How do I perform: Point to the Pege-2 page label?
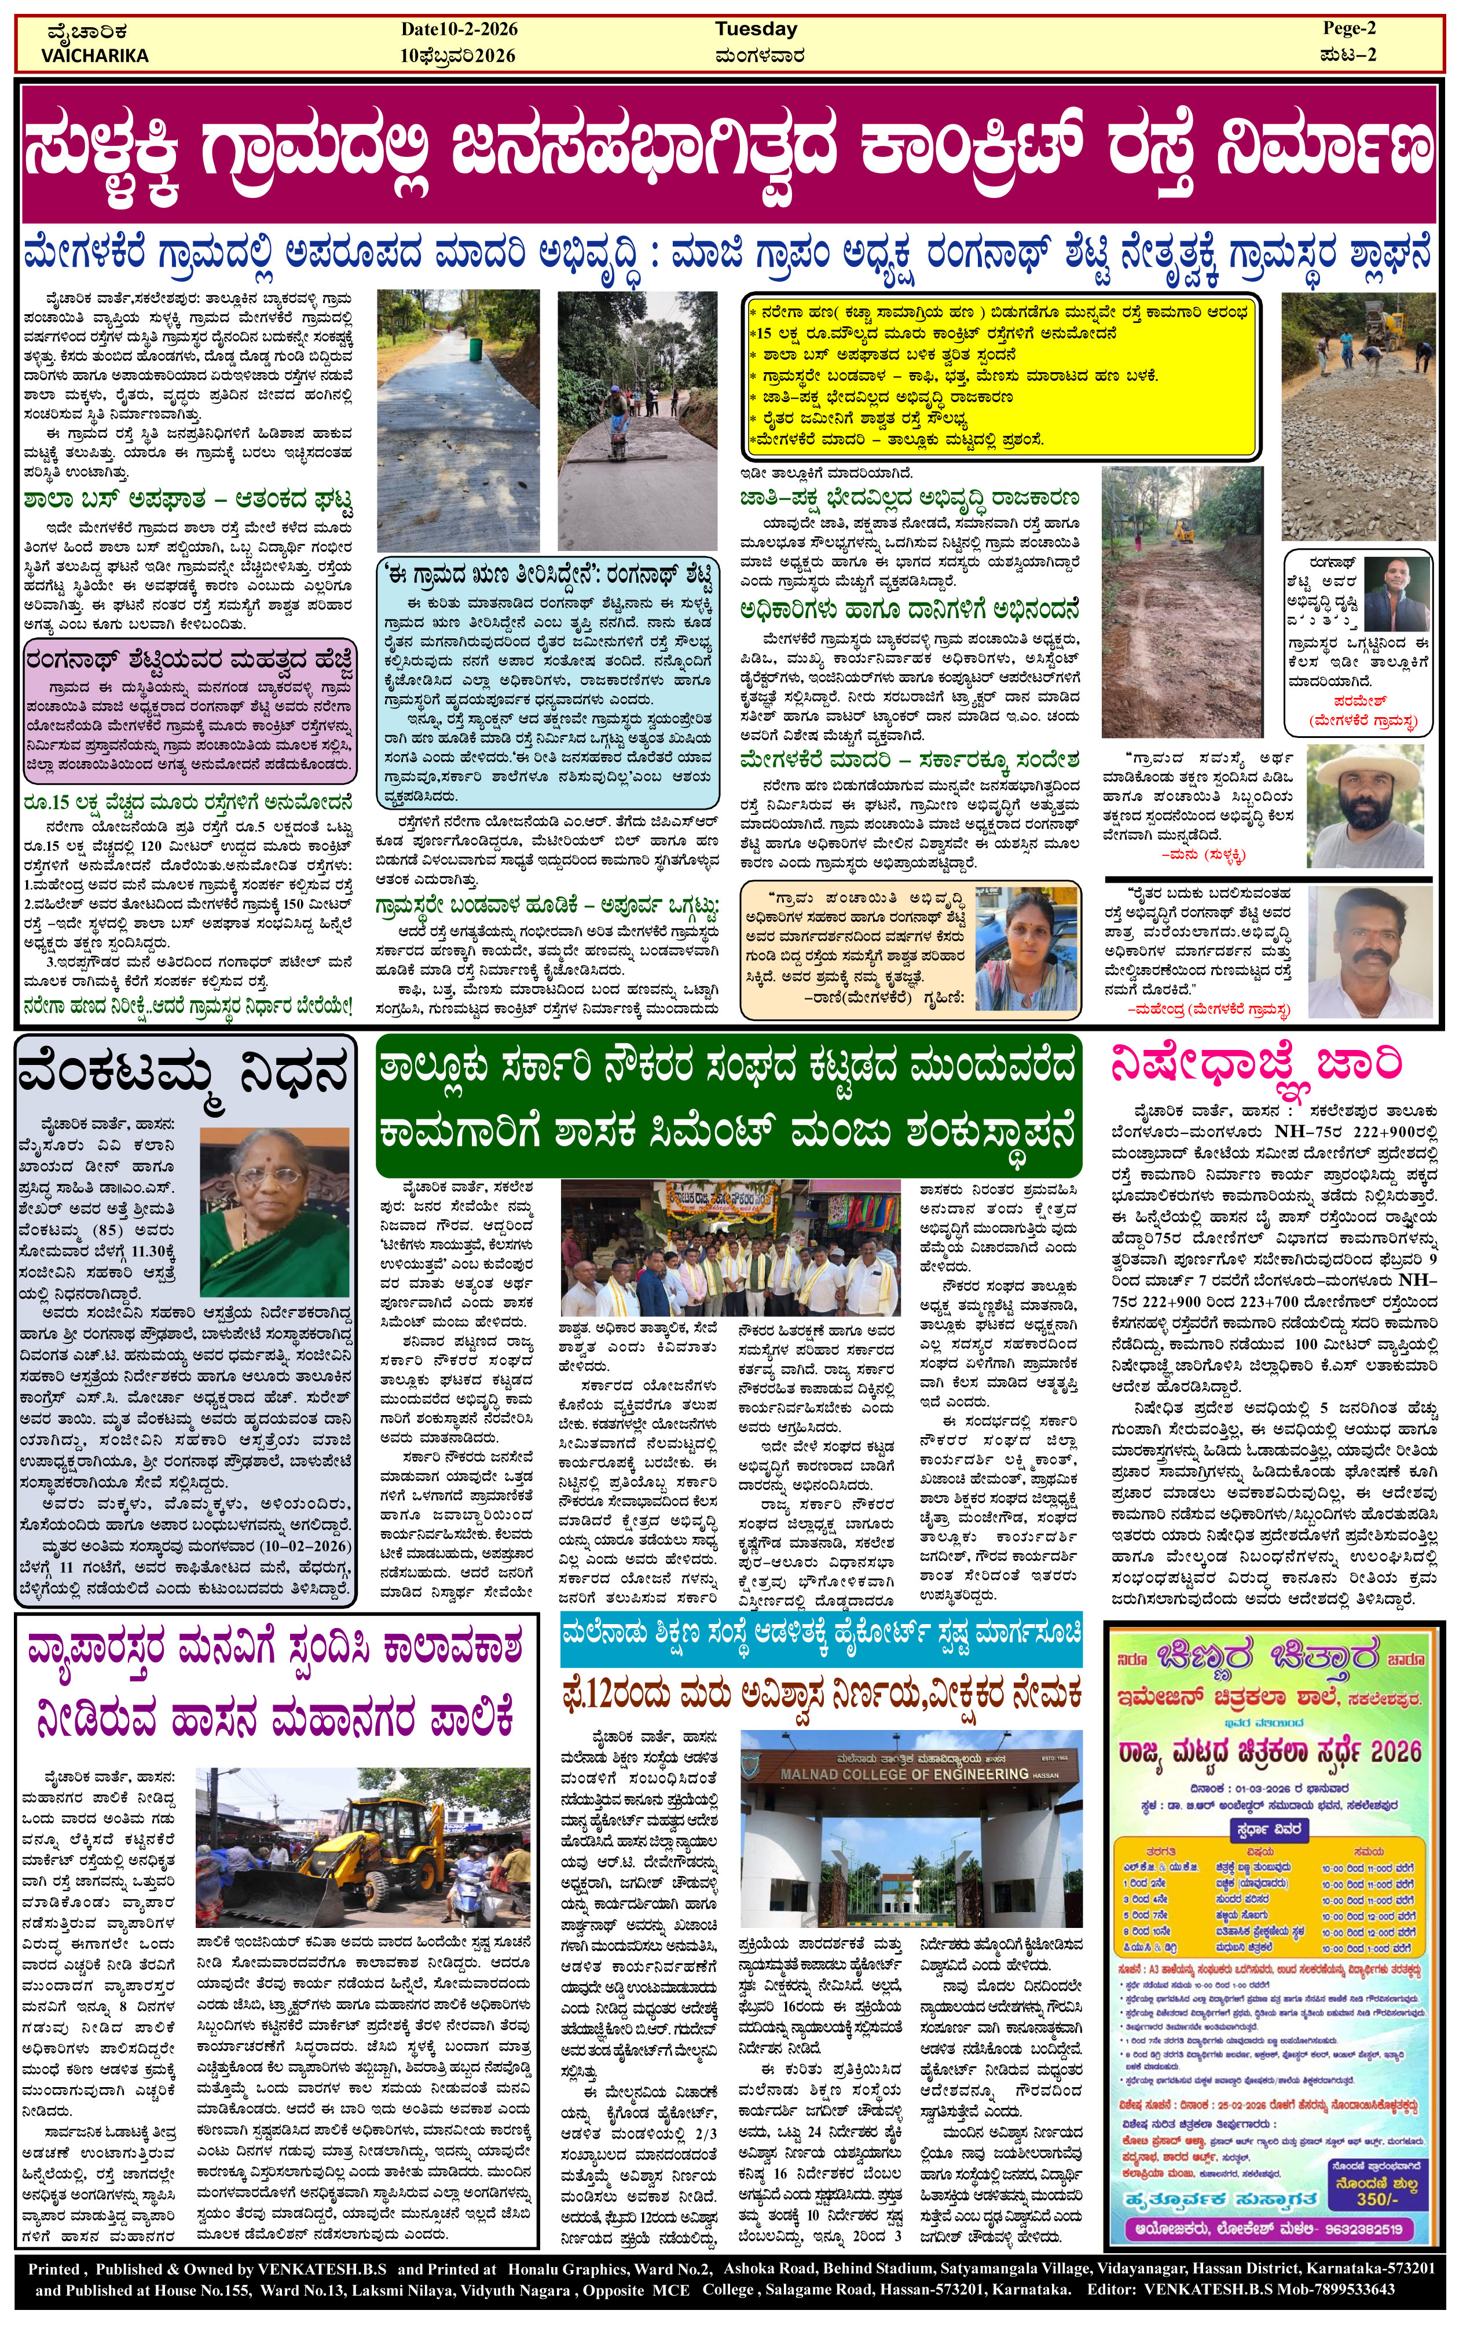(x=1349, y=28)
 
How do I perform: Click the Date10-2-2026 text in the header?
(x=459, y=29)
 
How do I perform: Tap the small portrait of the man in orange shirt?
(x=1397, y=595)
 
